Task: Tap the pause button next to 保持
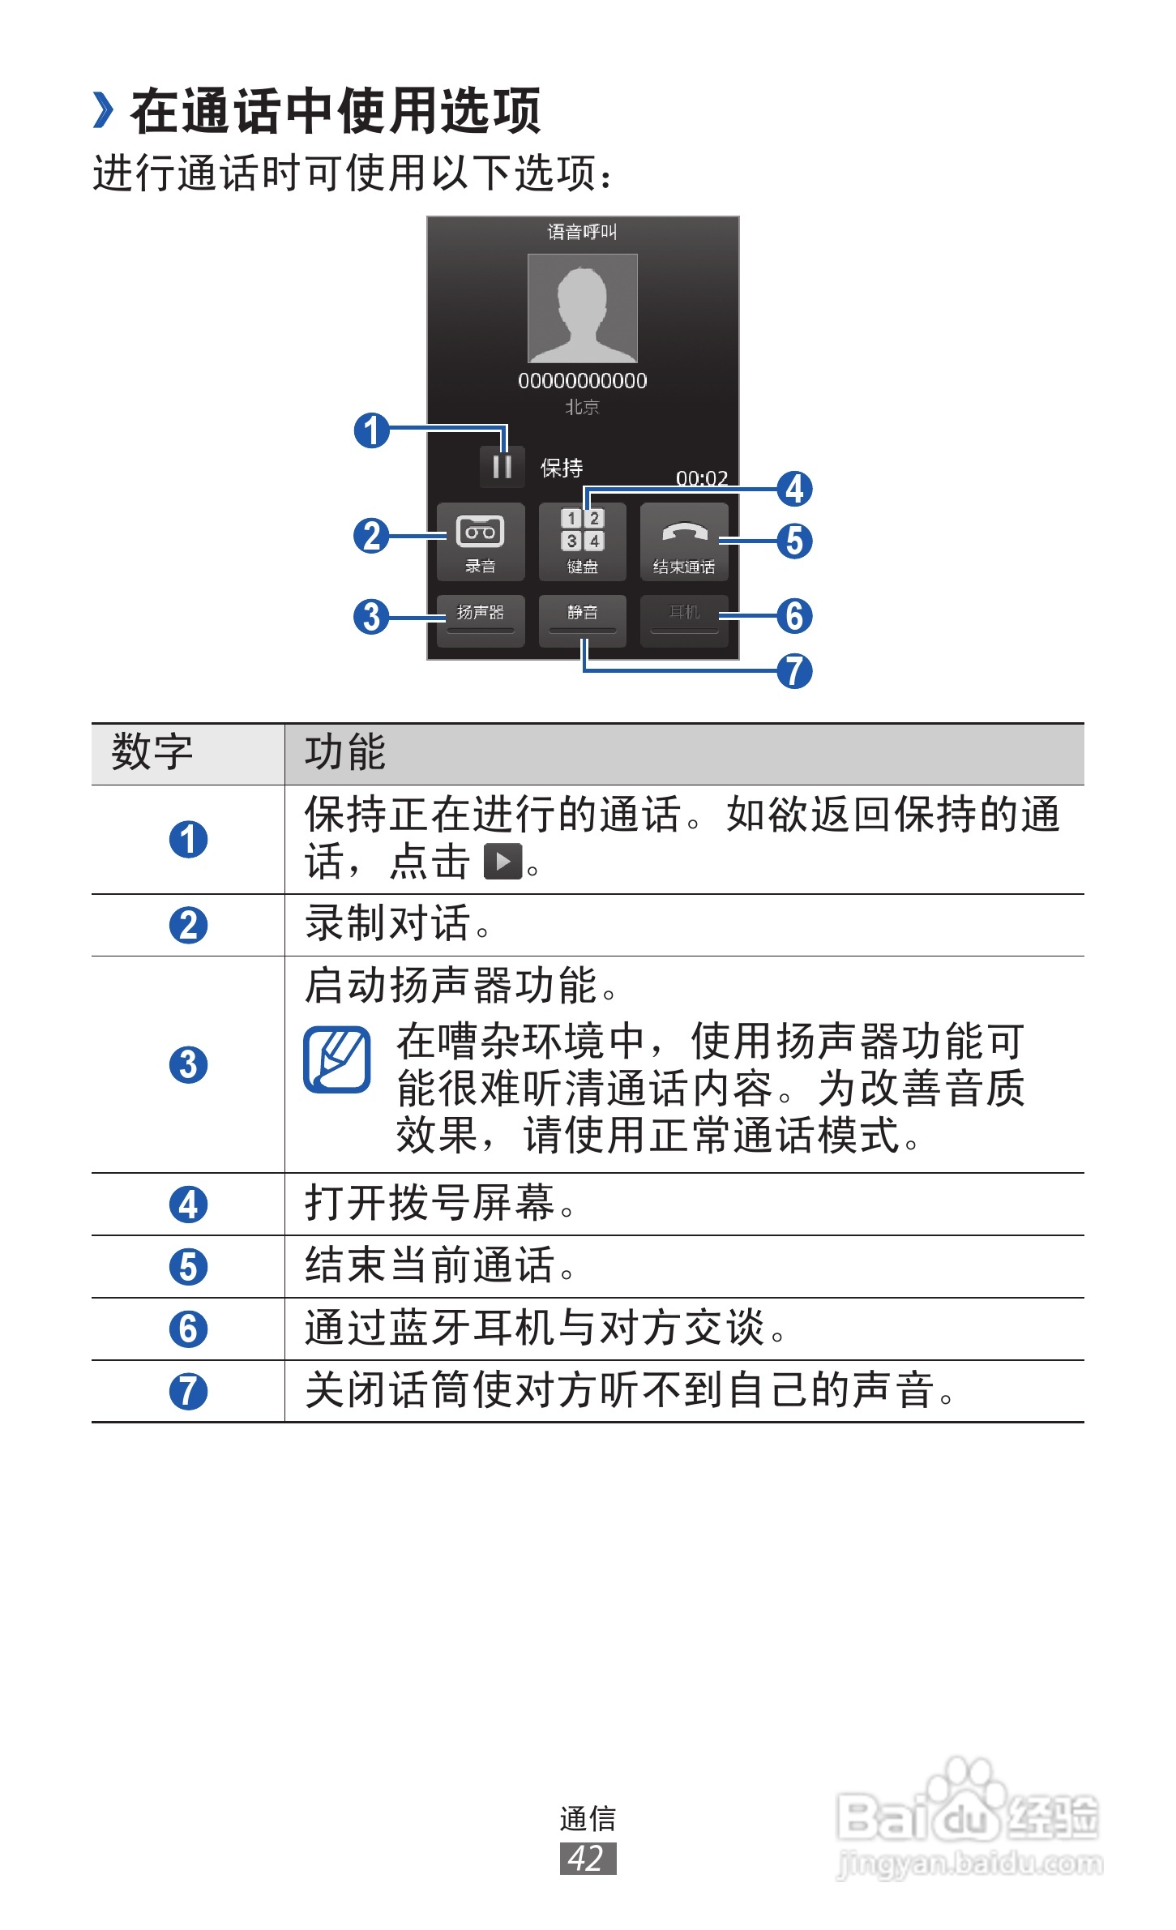[502, 467]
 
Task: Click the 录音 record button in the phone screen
[481, 541]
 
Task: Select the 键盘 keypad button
[582, 541]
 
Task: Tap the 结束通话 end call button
[684, 541]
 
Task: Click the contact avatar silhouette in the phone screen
[582, 308]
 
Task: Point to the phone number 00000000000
[582, 381]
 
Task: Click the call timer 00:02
[702, 478]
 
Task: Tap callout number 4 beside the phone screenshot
[794, 489]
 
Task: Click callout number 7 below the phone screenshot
[794, 671]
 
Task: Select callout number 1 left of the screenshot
[371, 430]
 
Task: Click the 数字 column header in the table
[152, 752]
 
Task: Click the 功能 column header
[345, 752]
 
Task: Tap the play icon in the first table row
[502, 862]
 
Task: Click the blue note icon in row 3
[337, 1059]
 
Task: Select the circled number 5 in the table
[188, 1267]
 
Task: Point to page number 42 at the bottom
[588, 1859]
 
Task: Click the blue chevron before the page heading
[103, 110]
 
